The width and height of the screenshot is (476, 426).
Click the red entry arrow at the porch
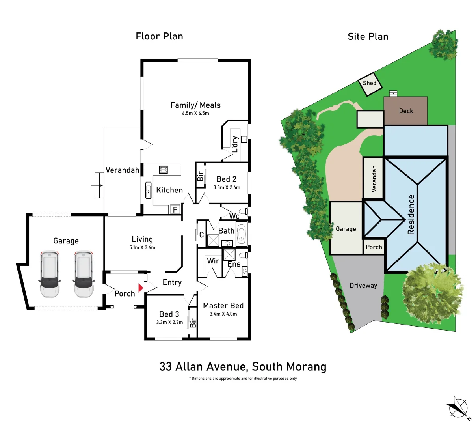pyautogui.click(x=141, y=288)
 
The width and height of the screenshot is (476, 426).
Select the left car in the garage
pyautogui.click(x=50, y=275)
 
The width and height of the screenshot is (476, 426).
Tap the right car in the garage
pyautogui.click(x=84, y=275)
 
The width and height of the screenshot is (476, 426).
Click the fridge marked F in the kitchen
pyautogui.click(x=175, y=209)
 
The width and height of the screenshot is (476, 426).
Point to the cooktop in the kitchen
pyautogui.click(x=163, y=170)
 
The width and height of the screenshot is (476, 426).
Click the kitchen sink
pyautogui.click(x=149, y=190)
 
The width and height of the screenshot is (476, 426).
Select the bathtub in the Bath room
pyautogui.click(x=241, y=234)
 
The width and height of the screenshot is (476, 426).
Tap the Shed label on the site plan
pyautogui.click(x=369, y=83)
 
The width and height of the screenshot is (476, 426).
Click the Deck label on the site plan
pyautogui.click(x=406, y=111)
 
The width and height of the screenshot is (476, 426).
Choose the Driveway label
pyautogui.click(x=363, y=285)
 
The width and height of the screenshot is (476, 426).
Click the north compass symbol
pyautogui.click(x=458, y=407)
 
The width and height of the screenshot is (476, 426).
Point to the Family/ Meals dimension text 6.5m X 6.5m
pyautogui.click(x=195, y=113)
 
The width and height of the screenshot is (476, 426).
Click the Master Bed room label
pyautogui.click(x=223, y=306)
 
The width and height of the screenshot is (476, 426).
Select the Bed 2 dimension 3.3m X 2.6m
pyautogui.click(x=227, y=187)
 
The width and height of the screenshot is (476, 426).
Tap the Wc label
pyautogui.click(x=234, y=216)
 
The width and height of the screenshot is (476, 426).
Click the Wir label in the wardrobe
pyautogui.click(x=213, y=261)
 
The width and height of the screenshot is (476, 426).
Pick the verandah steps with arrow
pyautogui.click(x=99, y=185)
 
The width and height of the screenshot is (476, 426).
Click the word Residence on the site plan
pyautogui.click(x=411, y=214)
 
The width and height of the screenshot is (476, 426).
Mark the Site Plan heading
pyautogui.click(x=368, y=37)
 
